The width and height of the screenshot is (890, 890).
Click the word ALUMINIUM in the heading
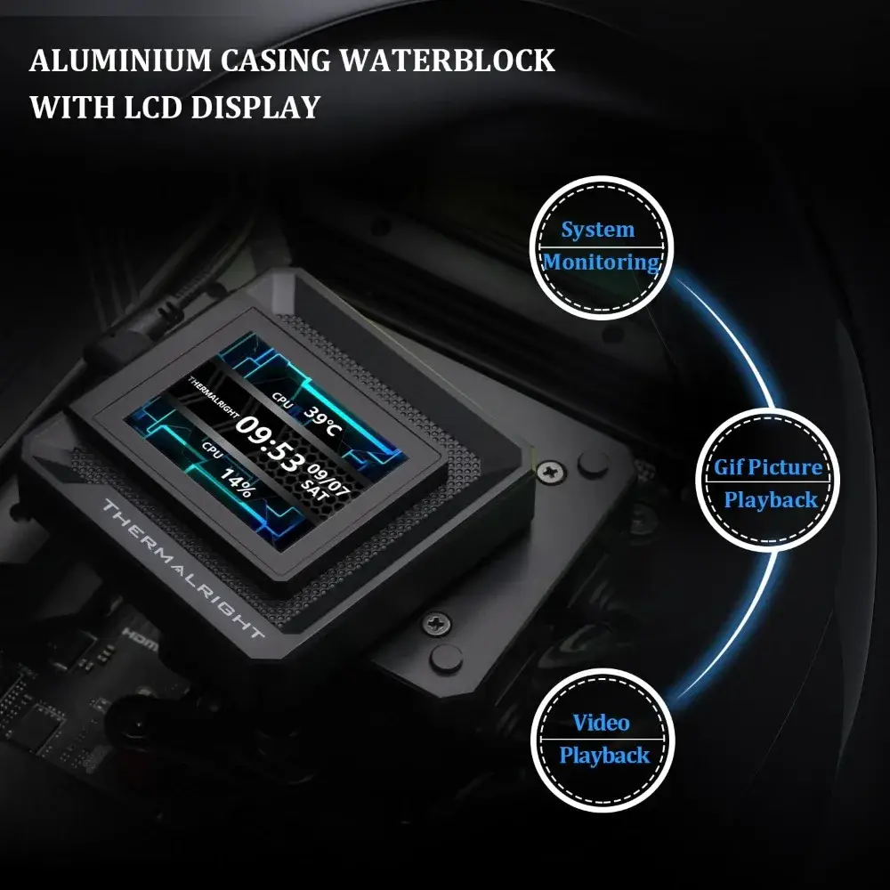[x=120, y=61]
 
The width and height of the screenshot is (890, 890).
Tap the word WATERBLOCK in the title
[x=448, y=61]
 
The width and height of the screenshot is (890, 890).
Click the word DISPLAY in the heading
[x=255, y=108]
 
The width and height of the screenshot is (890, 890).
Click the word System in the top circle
[x=598, y=230]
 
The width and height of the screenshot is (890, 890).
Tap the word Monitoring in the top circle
[x=602, y=263]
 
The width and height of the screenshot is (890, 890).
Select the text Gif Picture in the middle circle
[x=768, y=467]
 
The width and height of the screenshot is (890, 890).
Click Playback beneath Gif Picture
[x=771, y=500]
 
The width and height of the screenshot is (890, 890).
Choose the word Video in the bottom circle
[x=601, y=723]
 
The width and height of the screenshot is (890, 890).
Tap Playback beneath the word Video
[x=604, y=756]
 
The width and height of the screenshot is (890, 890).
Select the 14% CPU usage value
[x=237, y=481]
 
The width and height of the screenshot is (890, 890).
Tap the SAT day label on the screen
[x=315, y=490]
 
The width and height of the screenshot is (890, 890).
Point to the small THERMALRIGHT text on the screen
[x=213, y=397]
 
